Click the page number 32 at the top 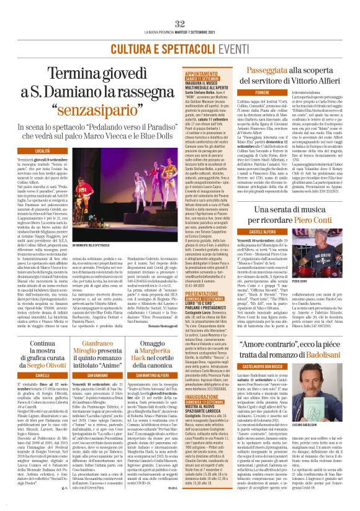180,24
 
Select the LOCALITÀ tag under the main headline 42,151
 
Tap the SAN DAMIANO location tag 116,376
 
